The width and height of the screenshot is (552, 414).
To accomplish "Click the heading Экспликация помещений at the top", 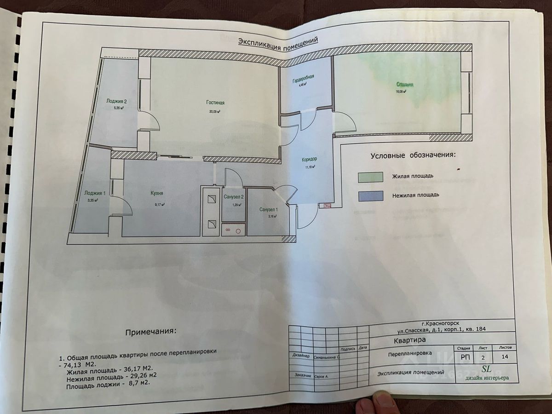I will pyautogui.click(x=278, y=41).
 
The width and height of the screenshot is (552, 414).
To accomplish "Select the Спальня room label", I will pyautogui.click(x=405, y=85).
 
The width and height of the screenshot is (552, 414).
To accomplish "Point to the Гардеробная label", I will pyautogui.click(x=303, y=78).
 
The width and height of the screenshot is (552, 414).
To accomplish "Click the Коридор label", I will pyautogui.click(x=309, y=160).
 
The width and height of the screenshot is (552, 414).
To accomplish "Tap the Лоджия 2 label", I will pyautogui.click(x=116, y=101).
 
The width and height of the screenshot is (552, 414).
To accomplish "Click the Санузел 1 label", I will pyautogui.click(x=269, y=210).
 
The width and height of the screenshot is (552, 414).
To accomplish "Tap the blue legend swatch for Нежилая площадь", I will pyautogui.click(x=371, y=196).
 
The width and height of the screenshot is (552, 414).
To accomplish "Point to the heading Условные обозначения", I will pyautogui.click(x=413, y=155).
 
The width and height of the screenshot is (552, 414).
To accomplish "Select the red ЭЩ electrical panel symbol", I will pyautogui.click(x=328, y=206).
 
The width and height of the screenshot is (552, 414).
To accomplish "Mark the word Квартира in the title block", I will pyautogui.click(x=410, y=341).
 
